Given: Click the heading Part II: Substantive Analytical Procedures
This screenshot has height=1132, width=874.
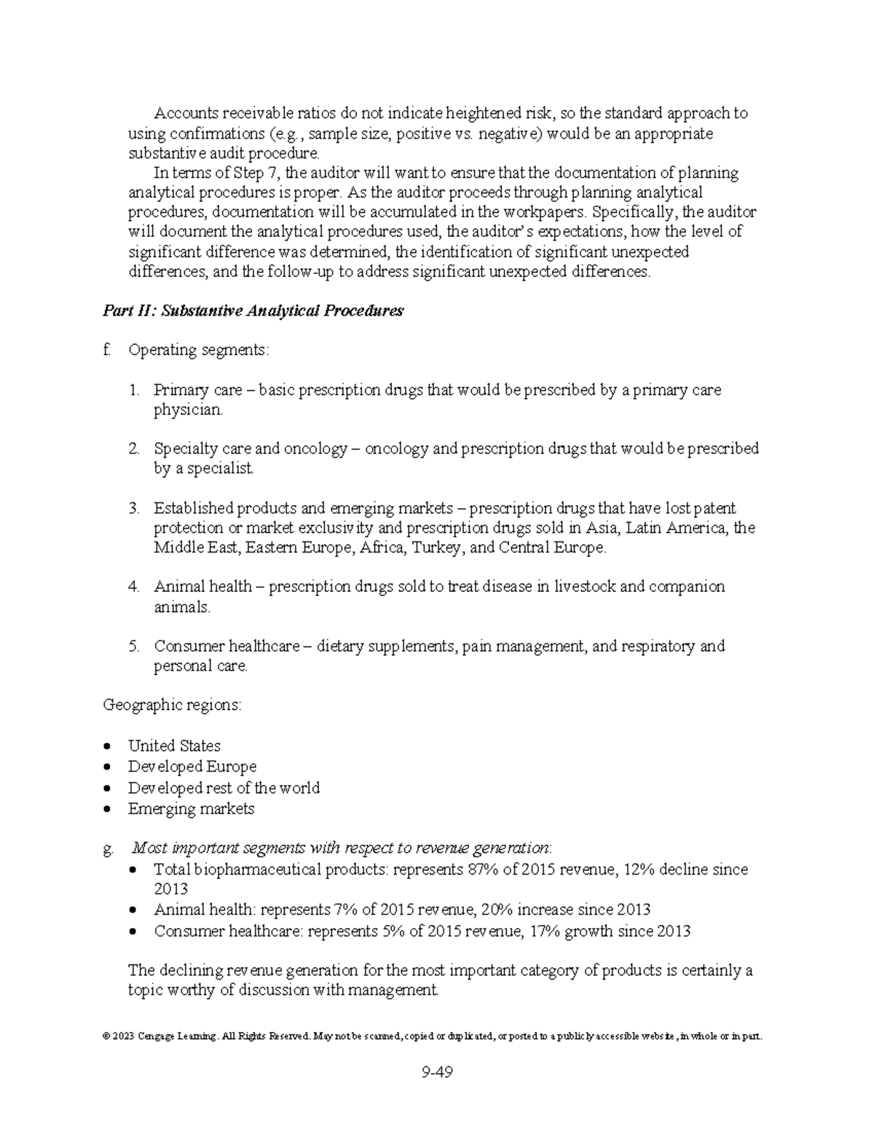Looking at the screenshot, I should [x=253, y=311].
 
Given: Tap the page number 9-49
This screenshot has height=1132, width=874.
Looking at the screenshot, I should [x=436, y=1072].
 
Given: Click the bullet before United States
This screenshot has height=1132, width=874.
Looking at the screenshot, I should [x=108, y=746].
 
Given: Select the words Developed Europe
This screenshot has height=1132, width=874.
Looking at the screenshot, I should [x=192, y=767].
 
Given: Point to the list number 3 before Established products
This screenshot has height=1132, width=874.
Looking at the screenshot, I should [x=133, y=508].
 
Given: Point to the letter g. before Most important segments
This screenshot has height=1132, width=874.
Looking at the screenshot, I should [x=109, y=848].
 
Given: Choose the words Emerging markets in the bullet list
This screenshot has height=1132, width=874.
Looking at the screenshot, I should [x=191, y=808].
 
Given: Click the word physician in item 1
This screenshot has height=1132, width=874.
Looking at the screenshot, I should [x=186, y=410].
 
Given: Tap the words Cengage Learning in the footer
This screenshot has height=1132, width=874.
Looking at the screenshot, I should [x=175, y=1036].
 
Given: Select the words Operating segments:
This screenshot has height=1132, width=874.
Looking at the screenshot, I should [x=198, y=351].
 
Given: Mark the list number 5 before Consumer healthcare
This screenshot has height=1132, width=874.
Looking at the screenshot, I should [x=133, y=647].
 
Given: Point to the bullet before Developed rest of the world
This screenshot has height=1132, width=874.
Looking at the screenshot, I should [x=108, y=789].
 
